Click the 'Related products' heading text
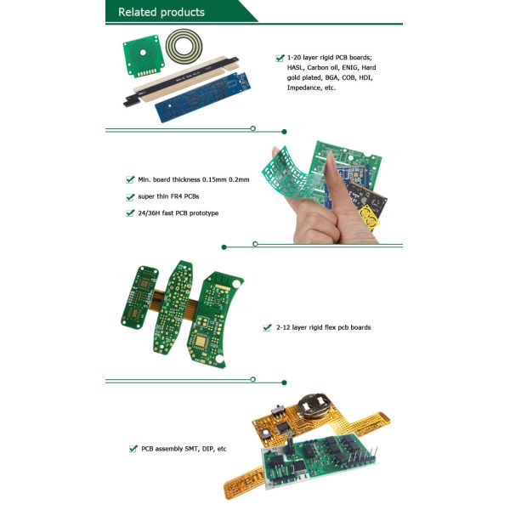click(x=161, y=12)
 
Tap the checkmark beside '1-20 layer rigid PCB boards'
click(x=280, y=58)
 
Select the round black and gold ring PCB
click(x=184, y=45)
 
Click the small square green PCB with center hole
click(x=143, y=56)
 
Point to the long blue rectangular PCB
click(x=202, y=97)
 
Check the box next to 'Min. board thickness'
click(x=130, y=179)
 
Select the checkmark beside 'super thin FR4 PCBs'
click(x=130, y=197)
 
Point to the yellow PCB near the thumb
click(x=369, y=218)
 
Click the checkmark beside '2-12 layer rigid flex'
click(x=268, y=327)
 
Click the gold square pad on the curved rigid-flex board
click(x=200, y=341)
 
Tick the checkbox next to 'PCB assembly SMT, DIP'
click(x=133, y=449)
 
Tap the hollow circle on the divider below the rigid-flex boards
click(x=253, y=379)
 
